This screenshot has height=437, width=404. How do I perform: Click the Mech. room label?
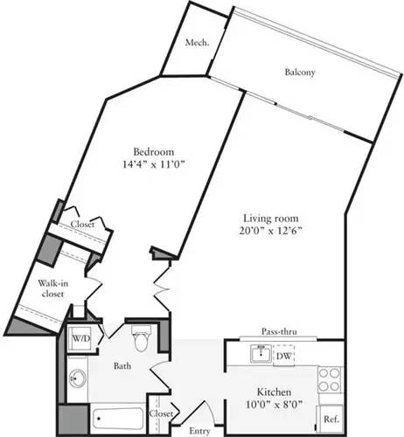pyautogui.click(x=196, y=42)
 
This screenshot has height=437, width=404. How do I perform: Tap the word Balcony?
pyautogui.click(x=300, y=72)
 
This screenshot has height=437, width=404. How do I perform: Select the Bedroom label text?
pyautogui.click(x=150, y=148)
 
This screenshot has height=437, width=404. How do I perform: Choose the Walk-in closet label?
pyautogui.click(x=53, y=288)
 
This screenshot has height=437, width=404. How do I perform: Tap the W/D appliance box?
pyautogui.click(x=81, y=338)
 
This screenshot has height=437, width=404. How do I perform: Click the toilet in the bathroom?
pyautogui.click(x=141, y=336)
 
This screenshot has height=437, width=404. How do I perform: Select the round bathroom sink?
pyautogui.click(x=76, y=380)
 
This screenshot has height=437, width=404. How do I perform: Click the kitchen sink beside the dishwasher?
pyautogui.click(x=258, y=354)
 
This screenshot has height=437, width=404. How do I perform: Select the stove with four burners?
pyautogui.click(x=329, y=378)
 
